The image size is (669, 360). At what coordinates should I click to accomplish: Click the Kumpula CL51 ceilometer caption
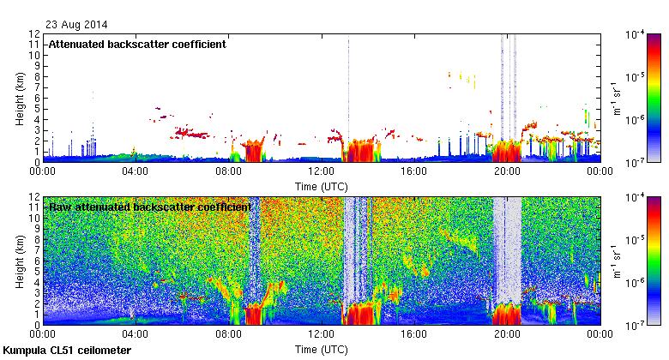coord(67,351)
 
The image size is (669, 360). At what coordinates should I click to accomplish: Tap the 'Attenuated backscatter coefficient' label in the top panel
coord(137,45)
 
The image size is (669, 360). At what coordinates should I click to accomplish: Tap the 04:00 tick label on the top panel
coord(136,171)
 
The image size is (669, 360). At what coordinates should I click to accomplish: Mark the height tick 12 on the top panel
coord(34,34)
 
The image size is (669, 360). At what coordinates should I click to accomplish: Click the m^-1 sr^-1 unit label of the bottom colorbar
coord(617,261)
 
